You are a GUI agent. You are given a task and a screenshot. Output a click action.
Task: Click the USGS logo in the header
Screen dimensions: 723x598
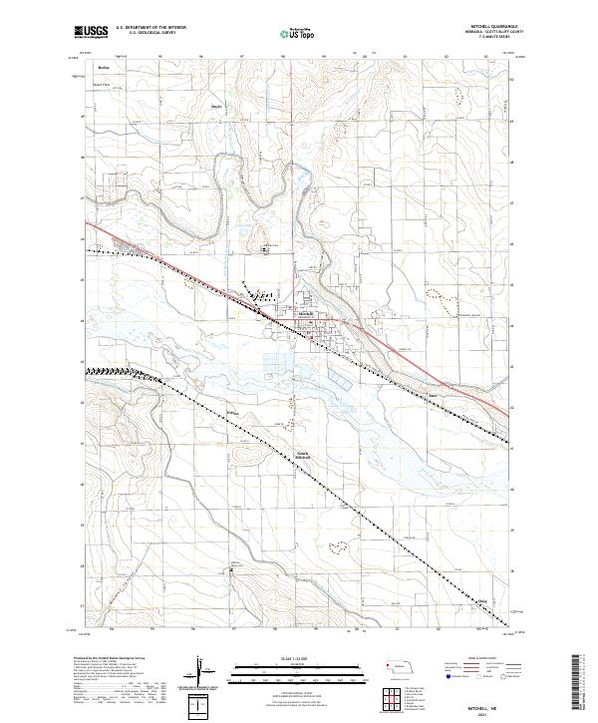tap(91, 33)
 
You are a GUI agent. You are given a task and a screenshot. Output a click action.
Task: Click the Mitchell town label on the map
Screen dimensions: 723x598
tap(307, 312)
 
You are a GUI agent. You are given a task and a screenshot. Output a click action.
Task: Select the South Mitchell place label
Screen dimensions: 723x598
tap(304, 455)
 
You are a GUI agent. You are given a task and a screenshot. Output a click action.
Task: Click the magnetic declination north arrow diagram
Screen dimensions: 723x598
tap(203, 674)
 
